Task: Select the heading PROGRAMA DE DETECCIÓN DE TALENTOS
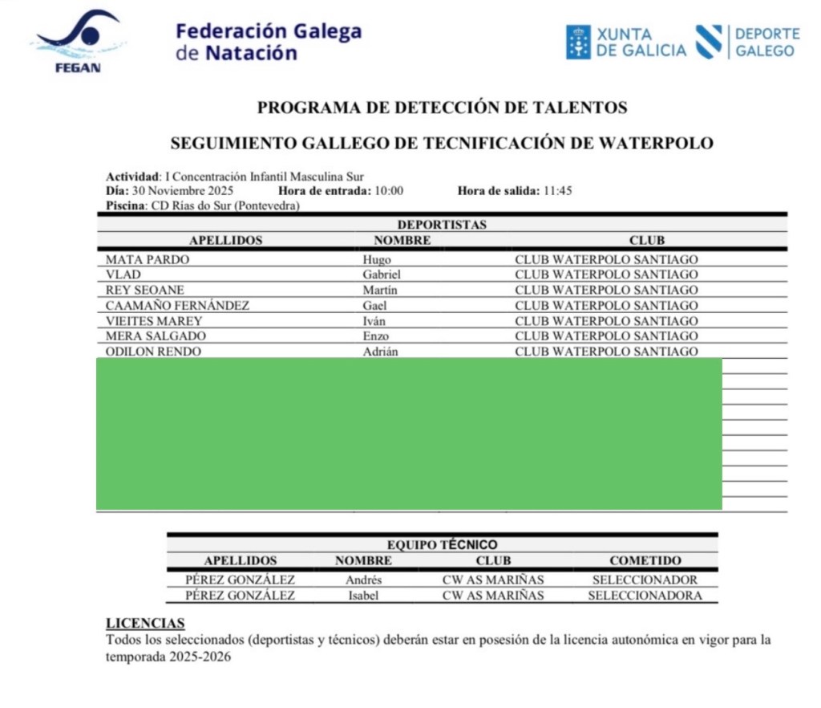442,107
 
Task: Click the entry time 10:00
388,191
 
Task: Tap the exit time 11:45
556,191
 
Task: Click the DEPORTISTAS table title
442,225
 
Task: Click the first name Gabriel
382,275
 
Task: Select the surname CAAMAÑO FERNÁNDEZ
177,305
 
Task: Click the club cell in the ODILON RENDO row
606,352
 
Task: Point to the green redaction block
409,433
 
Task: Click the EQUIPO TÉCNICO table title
442,545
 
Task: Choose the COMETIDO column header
645,560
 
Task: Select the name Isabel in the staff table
362,596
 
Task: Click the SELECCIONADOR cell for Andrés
645,580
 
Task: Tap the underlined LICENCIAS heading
145,624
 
